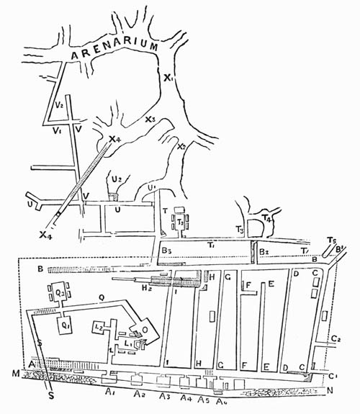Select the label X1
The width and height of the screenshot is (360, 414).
click(x=169, y=78)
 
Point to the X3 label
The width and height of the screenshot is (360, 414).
click(x=149, y=120)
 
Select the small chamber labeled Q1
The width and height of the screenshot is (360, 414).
click(x=66, y=324)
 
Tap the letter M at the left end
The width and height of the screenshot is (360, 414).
click(x=16, y=373)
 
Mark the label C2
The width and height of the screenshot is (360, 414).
click(x=335, y=338)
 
